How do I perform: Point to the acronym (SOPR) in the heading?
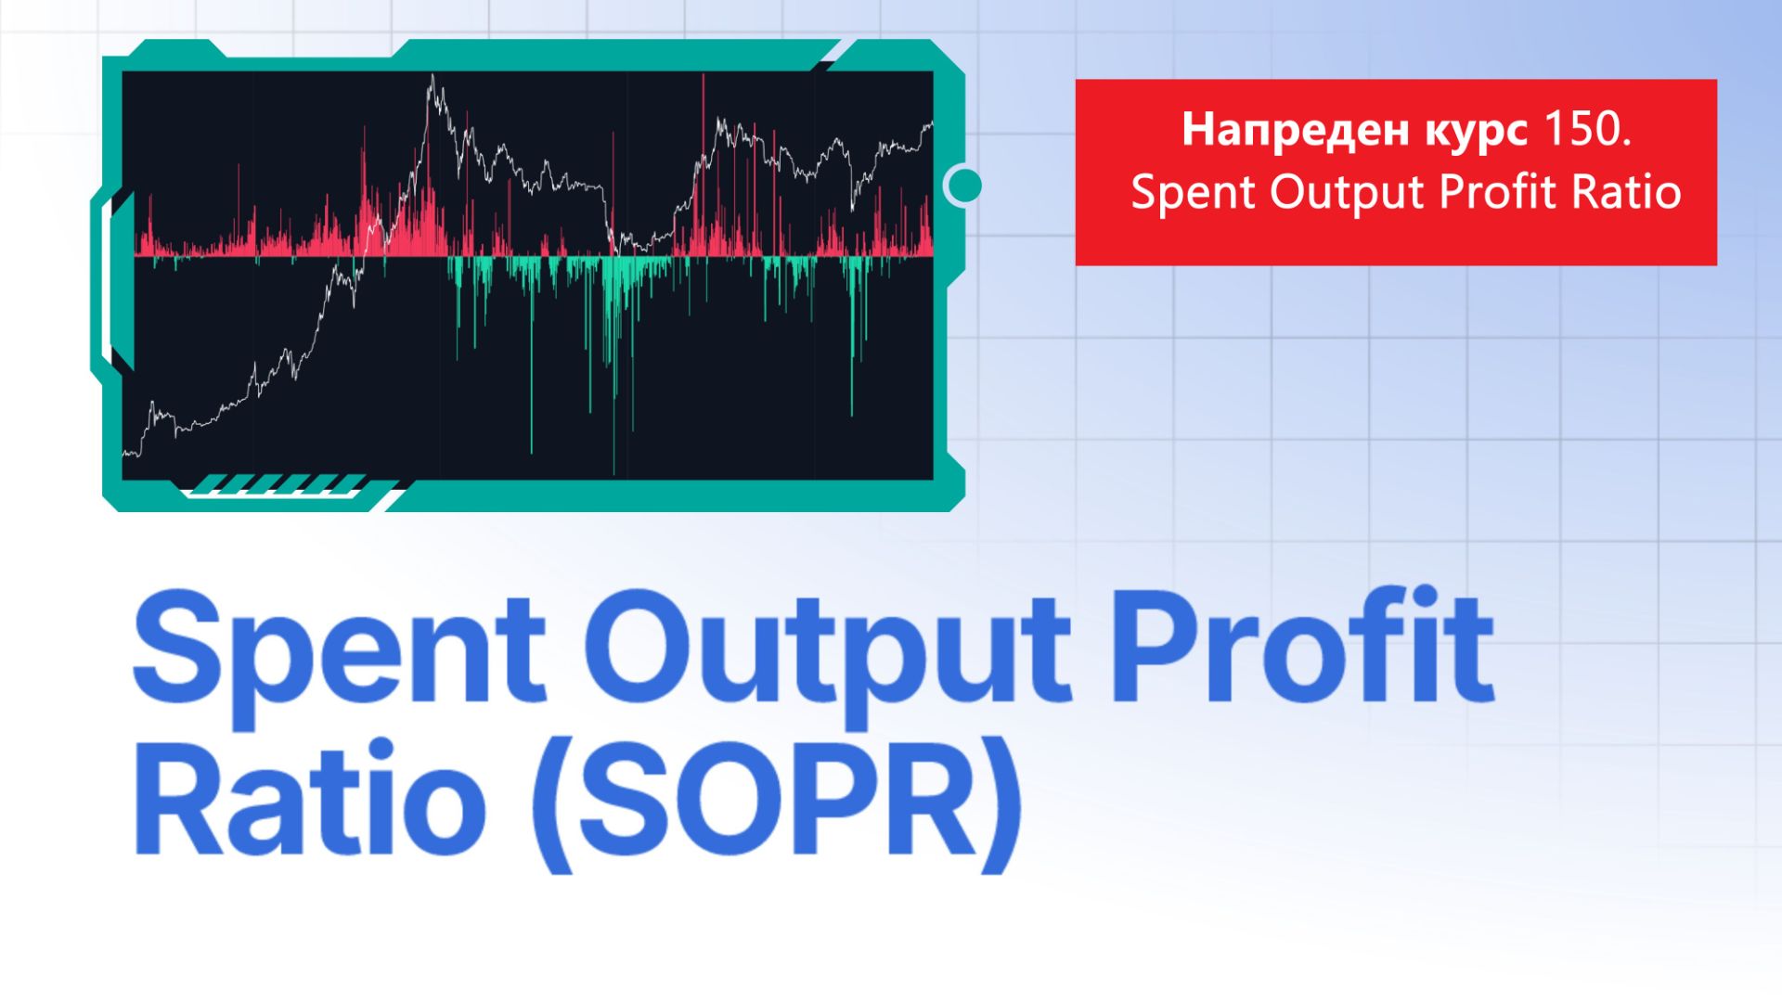[x=776, y=803]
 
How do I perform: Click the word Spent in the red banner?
[x=1194, y=193]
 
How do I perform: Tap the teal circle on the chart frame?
[x=965, y=186]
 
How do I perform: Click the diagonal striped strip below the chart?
[x=278, y=483]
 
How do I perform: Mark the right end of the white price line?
[x=931, y=123]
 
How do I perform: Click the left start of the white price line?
[x=125, y=454]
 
